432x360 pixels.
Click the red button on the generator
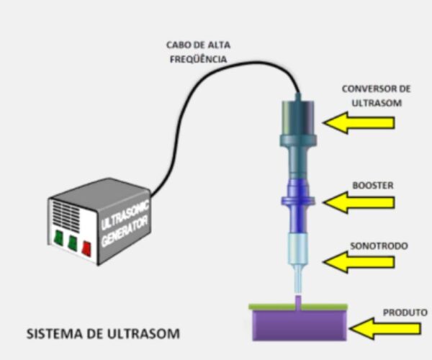pyautogui.click(x=86, y=248)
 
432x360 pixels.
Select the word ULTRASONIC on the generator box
pyautogui.click(x=125, y=215)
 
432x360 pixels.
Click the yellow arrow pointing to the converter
pyautogui.click(x=359, y=122)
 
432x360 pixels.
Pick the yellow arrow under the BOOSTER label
pyautogui.click(x=359, y=202)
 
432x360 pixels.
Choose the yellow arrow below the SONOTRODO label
pyautogui.click(x=359, y=262)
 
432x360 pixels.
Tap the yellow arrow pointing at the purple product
pyautogui.click(x=385, y=328)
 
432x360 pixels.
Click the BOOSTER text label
pyautogui.click(x=373, y=185)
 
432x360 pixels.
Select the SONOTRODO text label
pyautogui.click(x=379, y=246)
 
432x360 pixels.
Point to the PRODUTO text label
pyautogui.click(x=405, y=312)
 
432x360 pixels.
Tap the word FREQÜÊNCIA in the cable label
pyautogui.click(x=199, y=58)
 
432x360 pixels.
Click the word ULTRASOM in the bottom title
pyautogui.click(x=143, y=333)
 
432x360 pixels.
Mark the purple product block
pyautogui.click(x=300, y=325)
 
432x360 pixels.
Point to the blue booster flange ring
pyautogui.click(x=298, y=201)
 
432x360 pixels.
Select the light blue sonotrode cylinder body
pyautogui.click(x=298, y=248)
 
